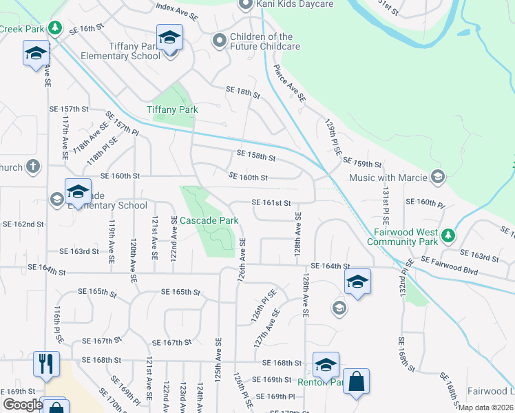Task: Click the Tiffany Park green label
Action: [172, 109]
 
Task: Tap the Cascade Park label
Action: [209, 221]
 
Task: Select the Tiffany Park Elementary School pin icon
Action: [169, 39]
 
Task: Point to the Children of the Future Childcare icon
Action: [220, 41]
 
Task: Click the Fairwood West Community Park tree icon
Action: [448, 236]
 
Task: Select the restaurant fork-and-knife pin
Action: [46, 363]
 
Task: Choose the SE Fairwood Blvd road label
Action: [449, 262]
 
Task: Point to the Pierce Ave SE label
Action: [289, 83]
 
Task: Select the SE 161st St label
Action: [273, 203]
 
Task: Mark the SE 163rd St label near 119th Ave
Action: [79, 252]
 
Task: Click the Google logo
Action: [22, 405]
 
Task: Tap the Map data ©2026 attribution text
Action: [485, 407]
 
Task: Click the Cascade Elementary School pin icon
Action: [78, 191]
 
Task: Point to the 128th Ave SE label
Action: [298, 235]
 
